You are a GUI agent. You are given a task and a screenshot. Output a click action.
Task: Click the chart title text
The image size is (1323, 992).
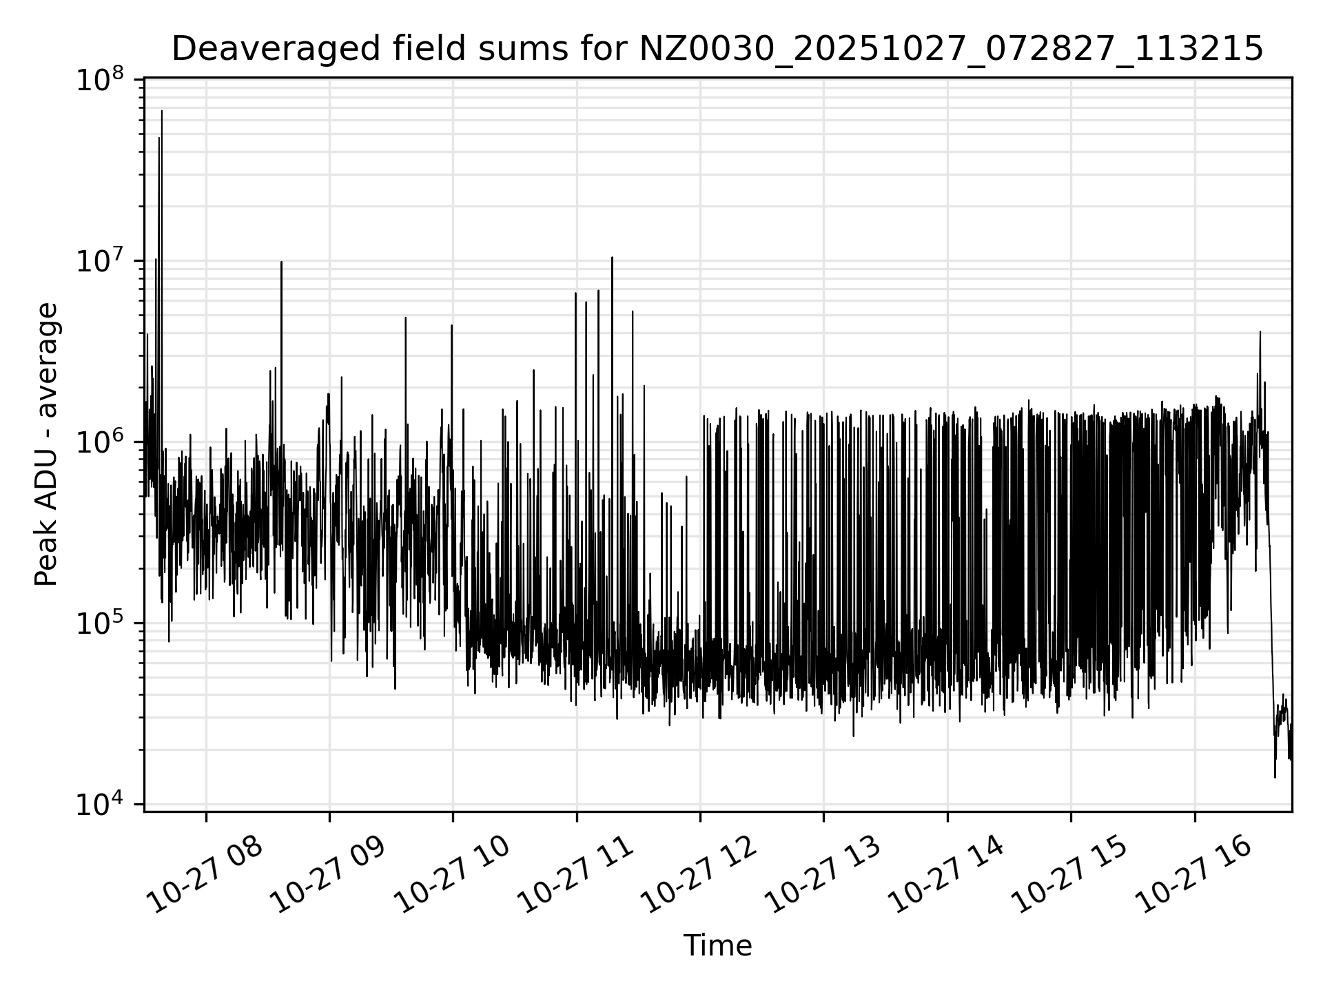click(717, 49)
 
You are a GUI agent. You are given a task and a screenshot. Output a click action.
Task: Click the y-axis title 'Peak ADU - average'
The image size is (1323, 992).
click(46, 444)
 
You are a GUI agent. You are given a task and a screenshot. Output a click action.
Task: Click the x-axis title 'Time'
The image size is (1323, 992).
click(717, 946)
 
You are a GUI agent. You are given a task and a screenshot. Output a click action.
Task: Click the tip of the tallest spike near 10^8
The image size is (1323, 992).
click(162, 111)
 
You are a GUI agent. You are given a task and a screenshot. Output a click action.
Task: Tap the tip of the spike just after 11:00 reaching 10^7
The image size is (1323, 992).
click(612, 258)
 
